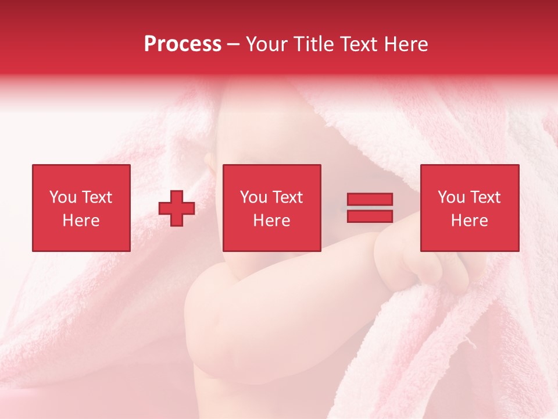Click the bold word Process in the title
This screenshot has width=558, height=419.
pyautogui.click(x=183, y=44)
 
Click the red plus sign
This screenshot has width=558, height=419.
pyautogui.click(x=177, y=208)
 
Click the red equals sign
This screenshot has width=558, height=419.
pyautogui.click(x=370, y=208)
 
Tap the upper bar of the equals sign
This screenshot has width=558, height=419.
pyautogui.click(x=370, y=200)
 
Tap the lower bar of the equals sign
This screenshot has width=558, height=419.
pyautogui.click(x=370, y=216)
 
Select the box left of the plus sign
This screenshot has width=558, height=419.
pyautogui.click(x=81, y=208)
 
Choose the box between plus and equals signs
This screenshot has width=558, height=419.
pyautogui.click(x=272, y=208)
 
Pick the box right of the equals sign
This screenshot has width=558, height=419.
pyautogui.click(x=470, y=208)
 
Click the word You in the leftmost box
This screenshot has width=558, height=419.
pyautogui.click(x=63, y=197)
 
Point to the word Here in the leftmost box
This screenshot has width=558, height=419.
pyautogui.click(x=81, y=221)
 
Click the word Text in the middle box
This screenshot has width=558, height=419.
pyautogui.click(x=287, y=197)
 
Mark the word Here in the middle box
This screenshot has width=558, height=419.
pyautogui.click(x=272, y=221)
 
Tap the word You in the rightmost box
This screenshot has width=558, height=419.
pyautogui.click(x=451, y=197)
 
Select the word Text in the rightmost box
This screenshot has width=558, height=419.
pyautogui.click(x=485, y=197)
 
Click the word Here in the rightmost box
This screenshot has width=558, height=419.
pyautogui.click(x=470, y=221)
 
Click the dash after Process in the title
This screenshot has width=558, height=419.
pyautogui.click(x=234, y=45)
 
